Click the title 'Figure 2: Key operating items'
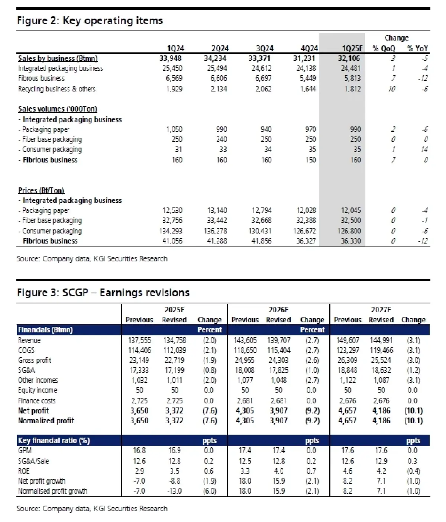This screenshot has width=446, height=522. pyautogui.click(x=90, y=20)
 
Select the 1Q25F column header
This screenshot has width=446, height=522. pyautogui.click(x=352, y=48)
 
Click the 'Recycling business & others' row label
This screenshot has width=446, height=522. pyautogui.click(x=57, y=89)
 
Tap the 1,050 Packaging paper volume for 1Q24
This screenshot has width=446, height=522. pyautogui.click(x=174, y=129)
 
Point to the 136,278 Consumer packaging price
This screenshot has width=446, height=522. pyautogui.click(x=215, y=231)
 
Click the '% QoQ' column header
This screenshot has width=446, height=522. pyautogui.click(x=384, y=48)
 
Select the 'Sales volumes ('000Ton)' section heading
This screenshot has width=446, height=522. pyautogui.click(x=58, y=109)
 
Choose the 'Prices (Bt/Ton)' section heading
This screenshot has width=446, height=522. pyautogui.click(x=41, y=190)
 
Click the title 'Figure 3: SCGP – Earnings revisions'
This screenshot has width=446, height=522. pyautogui.click(x=103, y=293)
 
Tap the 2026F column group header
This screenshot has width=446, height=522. pyautogui.click(x=278, y=310)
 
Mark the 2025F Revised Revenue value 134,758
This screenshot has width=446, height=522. pyautogui.click(x=175, y=340)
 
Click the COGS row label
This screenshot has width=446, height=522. pyautogui.click(x=26, y=350)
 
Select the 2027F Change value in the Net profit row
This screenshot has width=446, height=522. pyautogui.click(x=413, y=411)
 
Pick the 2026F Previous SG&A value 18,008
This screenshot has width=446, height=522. pyautogui.click(x=245, y=370)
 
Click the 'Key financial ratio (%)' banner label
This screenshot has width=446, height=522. pyautogui.click(x=54, y=441)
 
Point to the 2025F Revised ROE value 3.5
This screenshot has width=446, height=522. pyautogui.click(x=174, y=471)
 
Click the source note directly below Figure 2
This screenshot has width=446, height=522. pyautogui.click(x=92, y=259)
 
